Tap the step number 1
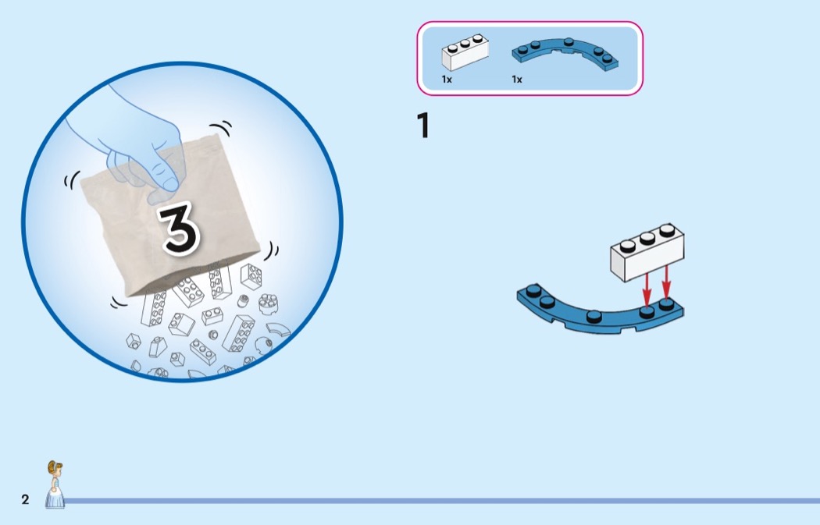(423, 126)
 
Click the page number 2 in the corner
(25, 500)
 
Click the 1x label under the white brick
(447, 80)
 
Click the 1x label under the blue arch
(517, 80)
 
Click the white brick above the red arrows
(647, 251)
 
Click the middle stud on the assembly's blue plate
(596, 316)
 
